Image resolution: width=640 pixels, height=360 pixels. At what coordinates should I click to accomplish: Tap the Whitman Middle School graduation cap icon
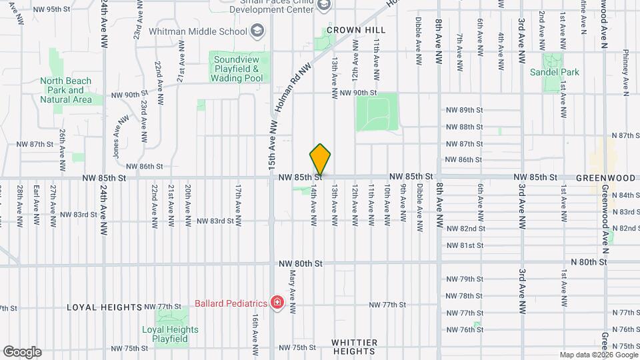pyautogui.click(x=257, y=31)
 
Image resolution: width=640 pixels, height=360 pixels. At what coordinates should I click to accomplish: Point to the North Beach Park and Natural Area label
pyautogui.click(x=65, y=90)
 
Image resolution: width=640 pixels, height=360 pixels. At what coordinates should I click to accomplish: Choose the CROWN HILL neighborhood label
pyautogui.click(x=352, y=31)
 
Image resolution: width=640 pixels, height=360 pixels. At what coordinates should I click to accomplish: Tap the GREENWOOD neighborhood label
pyautogui.click(x=605, y=178)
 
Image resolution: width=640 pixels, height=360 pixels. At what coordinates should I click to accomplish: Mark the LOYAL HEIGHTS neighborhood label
pyautogui.click(x=105, y=307)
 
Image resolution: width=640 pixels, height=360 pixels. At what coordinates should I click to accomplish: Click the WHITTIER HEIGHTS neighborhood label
pyautogui.click(x=354, y=347)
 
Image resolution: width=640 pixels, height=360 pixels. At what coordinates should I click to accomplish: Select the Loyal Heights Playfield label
pyautogui.click(x=170, y=334)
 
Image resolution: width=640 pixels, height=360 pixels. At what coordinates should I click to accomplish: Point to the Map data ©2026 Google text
pyautogui.click(x=597, y=355)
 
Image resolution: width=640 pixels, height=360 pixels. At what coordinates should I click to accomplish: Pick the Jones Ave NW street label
pyautogui.click(x=120, y=133)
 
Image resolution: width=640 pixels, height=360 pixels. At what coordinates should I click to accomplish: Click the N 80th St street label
pyautogui.click(x=588, y=263)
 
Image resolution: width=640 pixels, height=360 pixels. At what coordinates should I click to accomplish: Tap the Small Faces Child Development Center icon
pyautogui.click(x=324, y=6)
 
